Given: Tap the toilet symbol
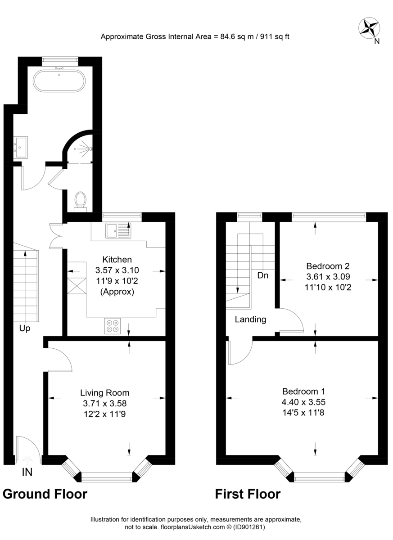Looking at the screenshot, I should click(x=81, y=200).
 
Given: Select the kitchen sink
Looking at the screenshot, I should click(x=118, y=231).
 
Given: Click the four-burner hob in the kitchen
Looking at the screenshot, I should click(x=113, y=326).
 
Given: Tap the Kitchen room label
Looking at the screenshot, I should click(x=117, y=260).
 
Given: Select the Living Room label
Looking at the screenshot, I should click(x=105, y=393).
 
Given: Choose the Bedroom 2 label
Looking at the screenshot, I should click(x=328, y=265).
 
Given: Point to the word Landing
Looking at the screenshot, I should click(x=251, y=320).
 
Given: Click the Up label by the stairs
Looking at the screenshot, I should click(x=25, y=329).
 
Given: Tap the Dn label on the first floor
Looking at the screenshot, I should click(x=263, y=275).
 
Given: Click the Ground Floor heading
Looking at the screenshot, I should click(x=45, y=494).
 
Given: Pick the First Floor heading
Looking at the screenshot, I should click(x=248, y=494).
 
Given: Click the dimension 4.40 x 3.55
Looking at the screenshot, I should click(x=303, y=402).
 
